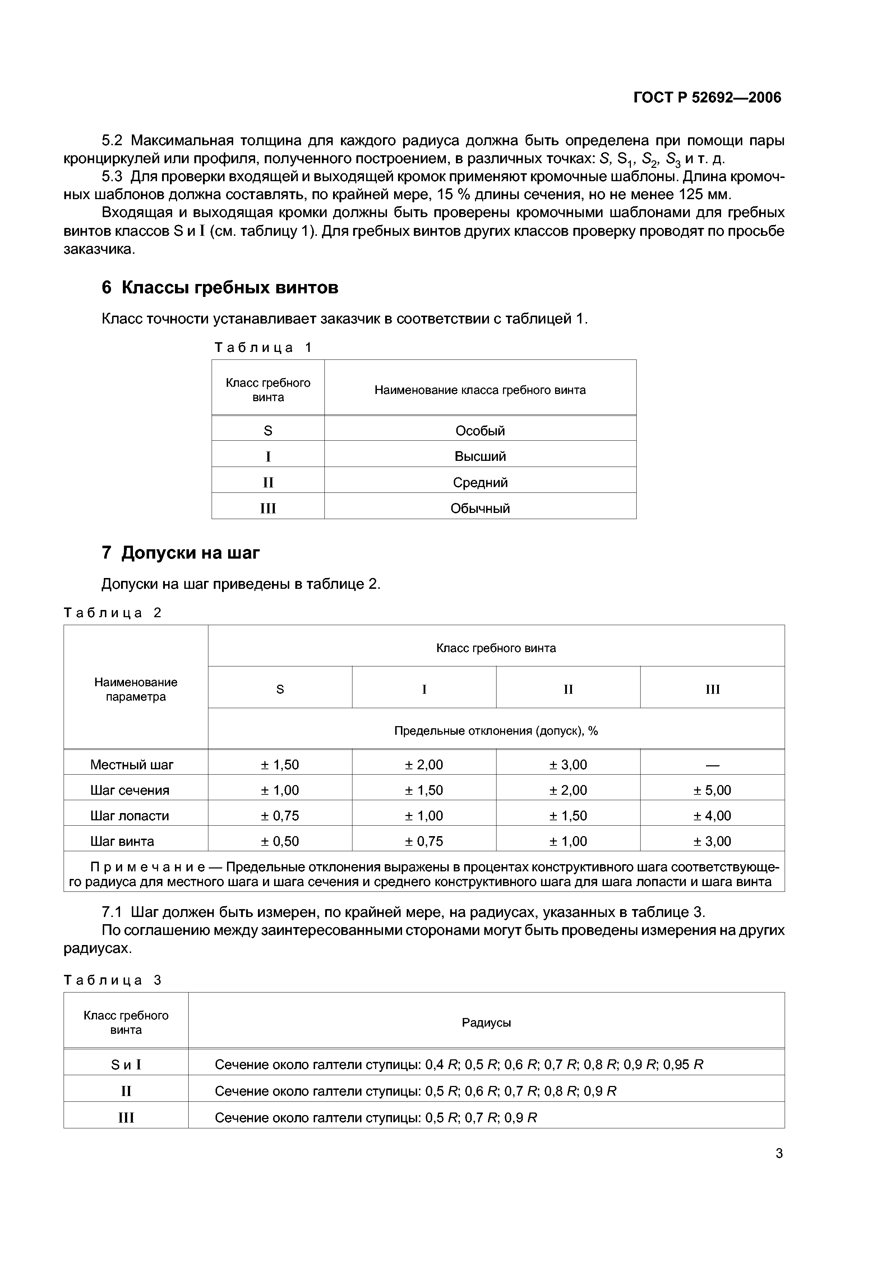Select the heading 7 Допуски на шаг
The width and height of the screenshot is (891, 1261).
pyautogui.click(x=181, y=552)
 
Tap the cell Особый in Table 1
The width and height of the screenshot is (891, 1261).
pyautogui.click(x=480, y=431)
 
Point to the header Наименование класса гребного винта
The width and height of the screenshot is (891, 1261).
pyautogui.click(x=480, y=390)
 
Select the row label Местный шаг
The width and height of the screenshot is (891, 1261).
pyautogui.click(x=132, y=765)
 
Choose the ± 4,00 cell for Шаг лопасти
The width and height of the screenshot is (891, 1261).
pyautogui.click(x=712, y=816)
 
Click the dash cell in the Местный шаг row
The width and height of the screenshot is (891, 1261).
pyautogui.click(x=712, y=765)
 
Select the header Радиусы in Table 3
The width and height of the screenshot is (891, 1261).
pyautogui.click(x=486, y=1023)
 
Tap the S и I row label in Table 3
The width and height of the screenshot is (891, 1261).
pyautogui.click(x=126, y=1064)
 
